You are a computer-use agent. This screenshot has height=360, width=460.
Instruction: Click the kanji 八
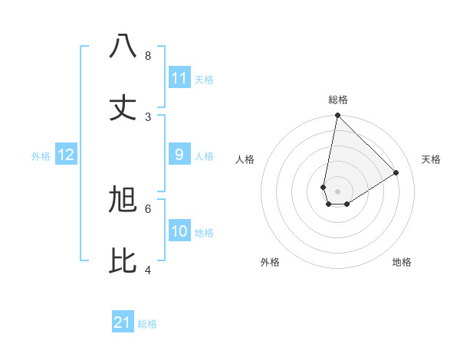pos(123,47)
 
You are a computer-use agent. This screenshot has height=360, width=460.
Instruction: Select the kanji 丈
pos(123,107)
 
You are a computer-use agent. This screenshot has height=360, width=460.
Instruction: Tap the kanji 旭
pos(123,200)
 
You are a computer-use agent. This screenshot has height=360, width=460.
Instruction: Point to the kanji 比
pos(123,261)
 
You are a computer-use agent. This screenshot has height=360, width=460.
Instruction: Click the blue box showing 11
pos(179,78)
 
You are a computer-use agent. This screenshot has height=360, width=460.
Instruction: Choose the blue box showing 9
pos(179,155)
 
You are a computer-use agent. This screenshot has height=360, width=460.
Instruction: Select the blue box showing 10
pos(179,231)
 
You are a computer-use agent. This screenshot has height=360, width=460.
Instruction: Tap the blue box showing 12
pos(66,155)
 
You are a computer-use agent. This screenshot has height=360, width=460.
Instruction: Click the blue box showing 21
pos(123,322)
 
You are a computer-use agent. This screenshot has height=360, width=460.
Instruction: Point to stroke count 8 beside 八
pos(148,56)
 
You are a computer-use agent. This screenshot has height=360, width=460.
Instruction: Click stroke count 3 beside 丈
pos(148,116)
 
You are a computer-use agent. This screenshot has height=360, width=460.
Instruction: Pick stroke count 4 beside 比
pos(148,270)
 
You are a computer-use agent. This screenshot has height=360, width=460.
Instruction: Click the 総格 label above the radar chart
pos(338,100)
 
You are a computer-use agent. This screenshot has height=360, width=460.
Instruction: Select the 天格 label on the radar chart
pos(431,159)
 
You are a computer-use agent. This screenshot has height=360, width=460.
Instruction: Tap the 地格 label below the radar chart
pos(402,262)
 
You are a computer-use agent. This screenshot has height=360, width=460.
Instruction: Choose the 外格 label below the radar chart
pos(270,262)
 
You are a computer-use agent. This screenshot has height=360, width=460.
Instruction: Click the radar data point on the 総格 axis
pos(337,115)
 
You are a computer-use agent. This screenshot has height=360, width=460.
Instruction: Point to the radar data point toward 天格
pos(396,172)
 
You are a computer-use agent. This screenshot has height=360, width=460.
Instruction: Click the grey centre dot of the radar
pos(337,191)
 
